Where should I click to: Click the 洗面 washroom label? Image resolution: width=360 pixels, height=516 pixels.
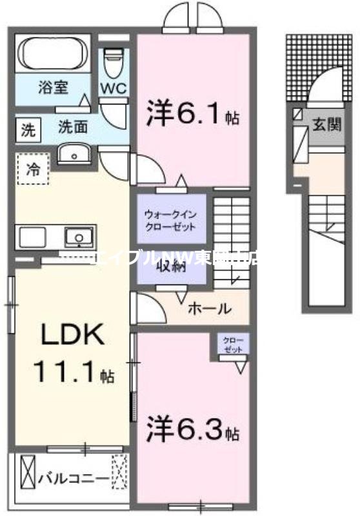tap(73, 127)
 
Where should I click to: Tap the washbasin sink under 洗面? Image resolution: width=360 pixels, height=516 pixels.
tap(77, 154)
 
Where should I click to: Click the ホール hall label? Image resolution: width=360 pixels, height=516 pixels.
tap(210, 309)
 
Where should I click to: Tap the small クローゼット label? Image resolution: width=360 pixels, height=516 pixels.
tap(234, 344)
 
